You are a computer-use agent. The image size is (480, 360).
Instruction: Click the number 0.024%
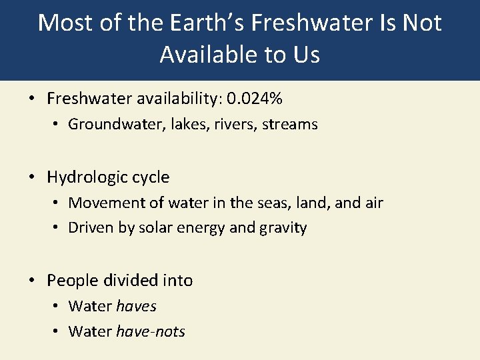coord(255,99)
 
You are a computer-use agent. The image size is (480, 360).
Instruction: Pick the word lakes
coord(182,124)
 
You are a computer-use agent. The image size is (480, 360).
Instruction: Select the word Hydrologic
coord(88,177)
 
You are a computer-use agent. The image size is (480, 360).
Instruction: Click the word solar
coord(156,228)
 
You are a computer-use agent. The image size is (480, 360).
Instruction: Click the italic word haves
coord(136,306)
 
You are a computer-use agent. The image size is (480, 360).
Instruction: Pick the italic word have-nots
coord(151,331)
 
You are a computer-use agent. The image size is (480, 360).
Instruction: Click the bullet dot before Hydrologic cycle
coord(32,178)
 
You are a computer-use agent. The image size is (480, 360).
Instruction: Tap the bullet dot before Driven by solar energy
coord(56,228)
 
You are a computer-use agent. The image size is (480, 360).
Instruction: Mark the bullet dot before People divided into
coord(32,281)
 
